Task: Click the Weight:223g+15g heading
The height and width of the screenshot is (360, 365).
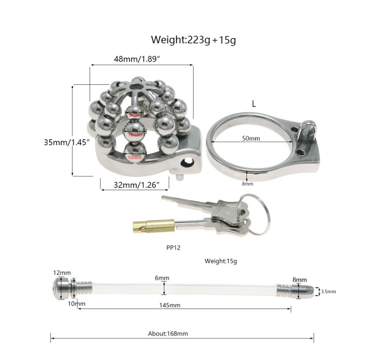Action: pyautogui.click(x=193, y=40)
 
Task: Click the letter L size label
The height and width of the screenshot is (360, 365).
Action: pyautogui.click(x=253, y=103)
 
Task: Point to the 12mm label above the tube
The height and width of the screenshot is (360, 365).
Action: pyautogui.click(x=61, y=273)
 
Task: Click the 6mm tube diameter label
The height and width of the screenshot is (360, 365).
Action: pyautogui.click(x=162, y=277)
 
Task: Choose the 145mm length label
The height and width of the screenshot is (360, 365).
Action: pyautogui.click(x=168, y=305)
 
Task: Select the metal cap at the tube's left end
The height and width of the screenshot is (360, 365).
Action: pyautogui.click(x=63, y=289)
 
